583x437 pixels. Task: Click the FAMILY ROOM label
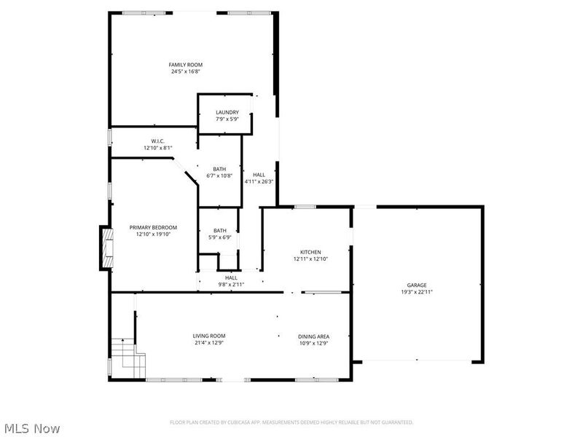[x=186, y=65]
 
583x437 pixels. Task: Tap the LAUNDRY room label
[x=227, y=112]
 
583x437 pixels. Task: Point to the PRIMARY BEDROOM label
[x=153, y=227]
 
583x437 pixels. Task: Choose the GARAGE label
[x=417, y=285]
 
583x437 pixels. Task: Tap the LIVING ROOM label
[x=208, y=336]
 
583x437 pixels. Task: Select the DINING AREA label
[x=313, y=336]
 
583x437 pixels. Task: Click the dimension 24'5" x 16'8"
[x=186, y=71]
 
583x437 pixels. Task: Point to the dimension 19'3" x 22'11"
[x=417, y=291]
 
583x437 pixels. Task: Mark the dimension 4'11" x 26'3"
[x=259, y=181]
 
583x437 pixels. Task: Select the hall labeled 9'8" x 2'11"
[x=231, y=284]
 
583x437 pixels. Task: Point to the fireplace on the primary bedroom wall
[x=106, y=248]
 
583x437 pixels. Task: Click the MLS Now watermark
[x=31, y=428]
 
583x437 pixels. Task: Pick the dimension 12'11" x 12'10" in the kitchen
[x=311, y=259]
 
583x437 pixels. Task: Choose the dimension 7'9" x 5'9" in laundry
[x=227, y=119]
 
